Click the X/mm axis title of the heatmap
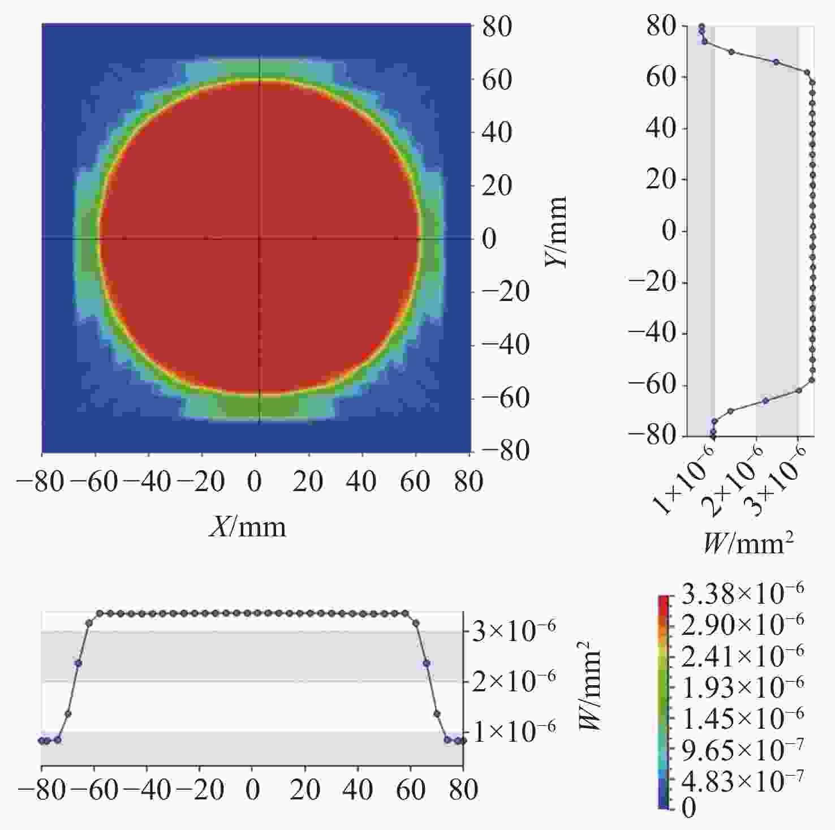click(248, 527)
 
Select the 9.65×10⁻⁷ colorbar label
click(742, 750)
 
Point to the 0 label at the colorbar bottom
click(688, 808)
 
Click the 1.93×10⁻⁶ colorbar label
click(742, 687)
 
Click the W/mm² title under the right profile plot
click(748, 544)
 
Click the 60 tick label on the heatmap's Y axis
click(497, 80)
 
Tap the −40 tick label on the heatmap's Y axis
click(505, 345)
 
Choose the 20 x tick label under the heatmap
click(308, 482)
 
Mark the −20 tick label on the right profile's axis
click(654, 282)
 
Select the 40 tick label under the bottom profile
click(358, 790)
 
